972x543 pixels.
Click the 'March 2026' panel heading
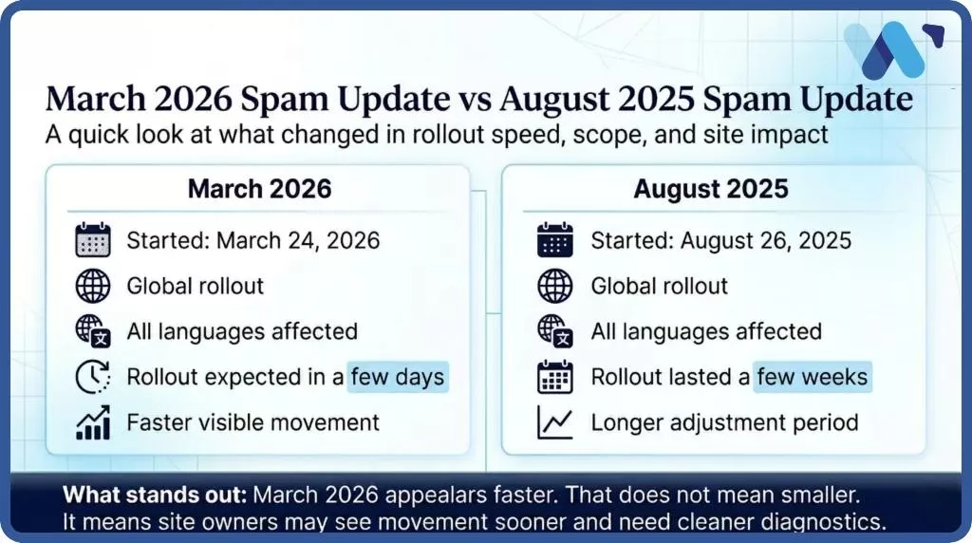[x=259, y=188]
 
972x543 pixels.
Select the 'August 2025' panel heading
[x=711, y=188]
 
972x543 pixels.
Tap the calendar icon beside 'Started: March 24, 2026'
[x=93, y=240]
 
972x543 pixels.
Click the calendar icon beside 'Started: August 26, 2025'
[x=555, y=240]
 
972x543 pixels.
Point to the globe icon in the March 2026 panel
[x=93, y=286]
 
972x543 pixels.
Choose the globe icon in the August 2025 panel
[x=555, y=286]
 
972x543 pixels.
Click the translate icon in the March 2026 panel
[x=93, y=331]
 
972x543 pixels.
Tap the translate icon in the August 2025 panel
[x=555, y=331]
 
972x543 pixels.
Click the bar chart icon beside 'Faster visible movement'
[x=93, y=423]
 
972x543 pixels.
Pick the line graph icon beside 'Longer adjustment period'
[x=555, y=423]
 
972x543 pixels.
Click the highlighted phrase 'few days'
[x=397, y=377]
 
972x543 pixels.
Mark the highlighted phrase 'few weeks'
[x=813, y=377]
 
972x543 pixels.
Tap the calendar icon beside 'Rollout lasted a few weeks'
[x=555, y=378]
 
